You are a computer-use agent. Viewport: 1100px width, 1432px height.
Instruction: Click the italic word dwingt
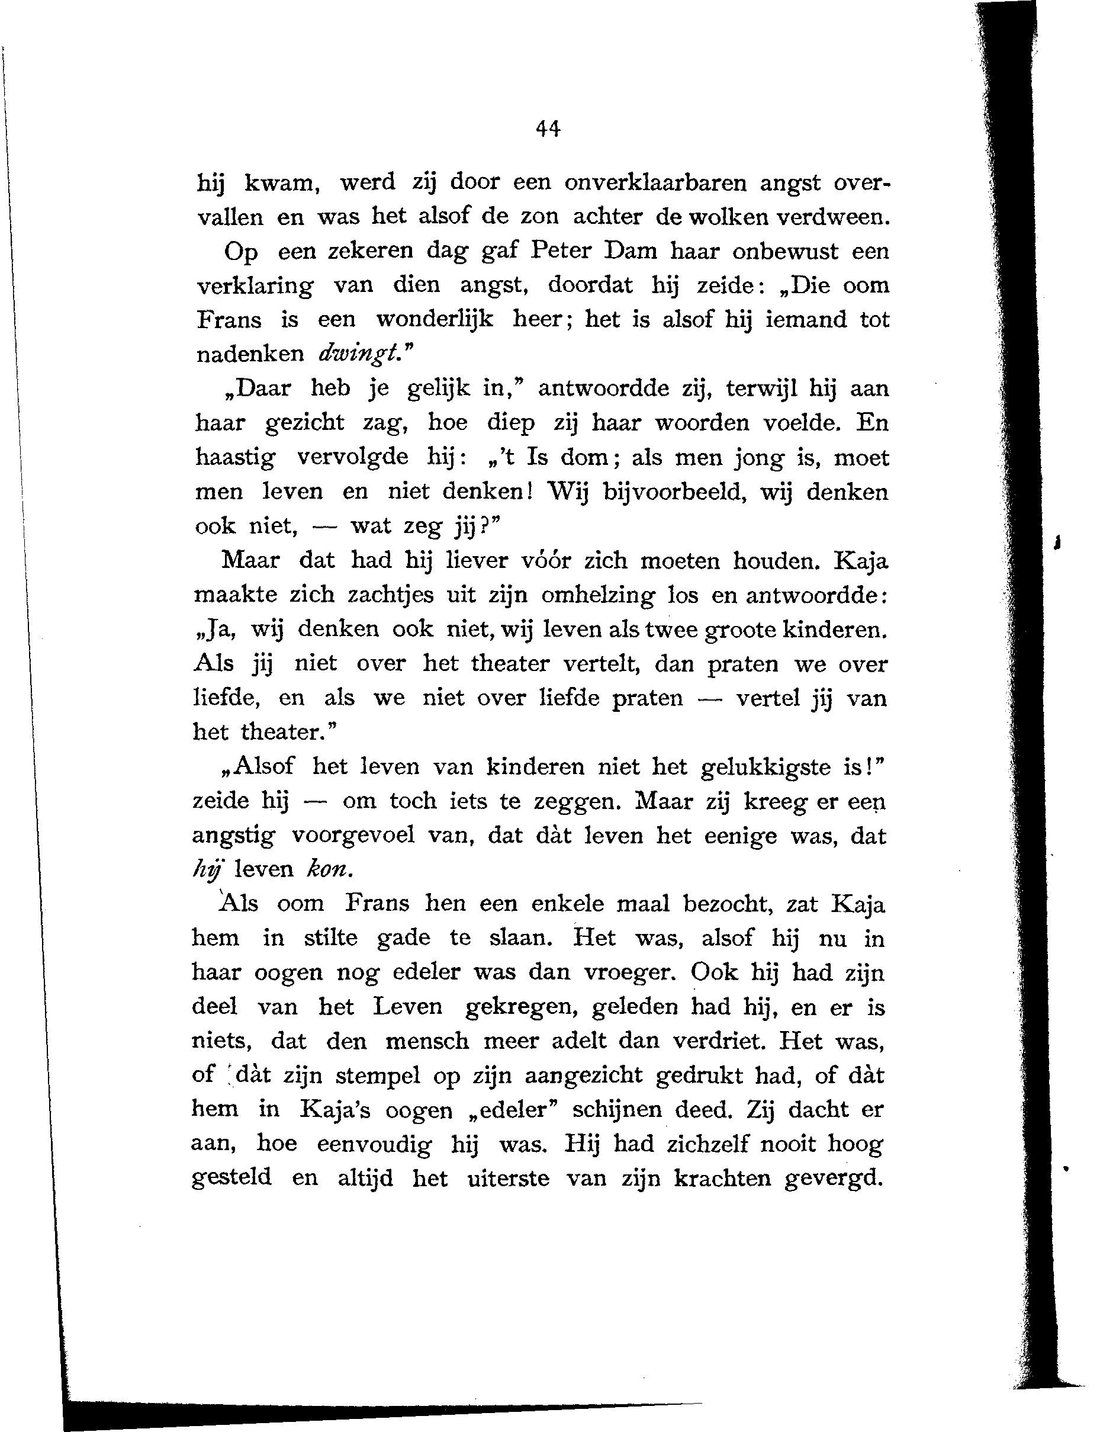click(358, 354)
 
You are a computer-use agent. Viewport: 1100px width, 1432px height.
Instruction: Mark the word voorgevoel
click(353, 836)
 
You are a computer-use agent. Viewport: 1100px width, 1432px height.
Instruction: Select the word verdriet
click(718, 1041)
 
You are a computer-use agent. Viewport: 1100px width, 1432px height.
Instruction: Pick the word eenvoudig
click(374, 1144)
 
